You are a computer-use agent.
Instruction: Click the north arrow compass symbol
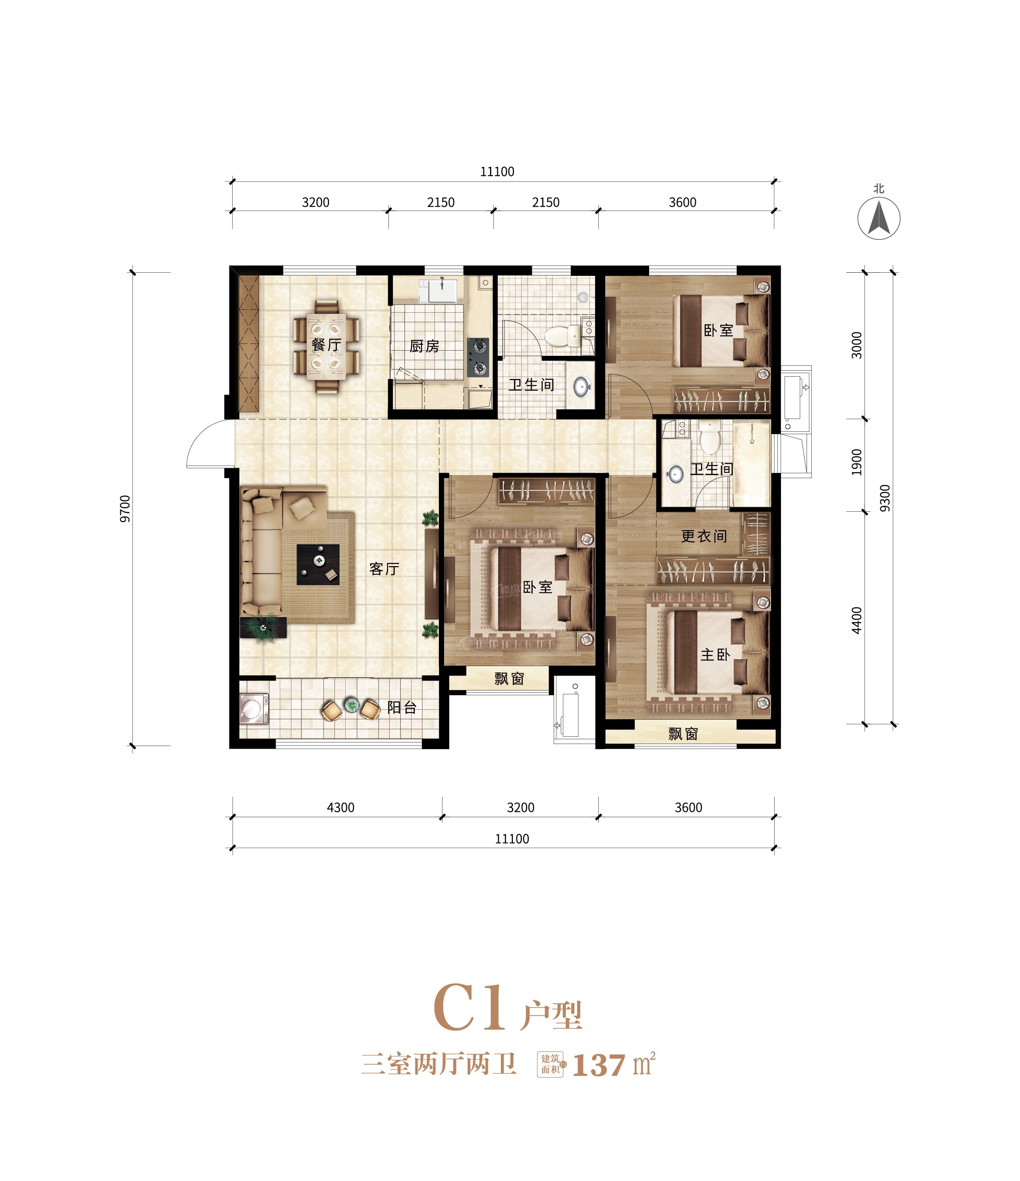click(x=879, y=218)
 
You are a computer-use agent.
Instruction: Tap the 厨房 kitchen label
click(x=424, y=346)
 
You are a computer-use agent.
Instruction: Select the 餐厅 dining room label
click(x=327, y=345)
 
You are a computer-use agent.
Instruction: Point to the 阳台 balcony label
click(x=402, y=707)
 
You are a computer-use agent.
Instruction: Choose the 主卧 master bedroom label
click(x=715, y=654)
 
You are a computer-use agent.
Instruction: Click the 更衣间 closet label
click(x=704, y=536)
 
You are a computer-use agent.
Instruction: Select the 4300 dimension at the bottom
click(x=341, y=807)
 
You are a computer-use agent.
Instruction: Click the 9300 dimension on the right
click(x=885, y=498)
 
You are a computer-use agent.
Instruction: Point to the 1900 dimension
click(x=857, y=462)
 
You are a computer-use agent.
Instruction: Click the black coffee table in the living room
click(x=319, y=564)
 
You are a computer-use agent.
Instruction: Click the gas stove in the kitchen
click(x=478, y=357)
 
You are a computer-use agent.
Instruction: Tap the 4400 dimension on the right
click(x=857, y=620)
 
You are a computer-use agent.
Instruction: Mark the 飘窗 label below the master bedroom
click(x=683, y=734)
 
